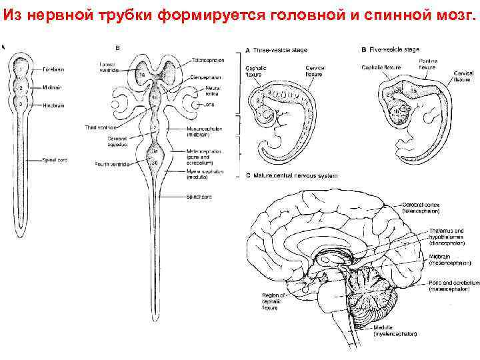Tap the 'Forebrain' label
pyautogui.click(x=55, y=69)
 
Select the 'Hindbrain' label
pyautogui.click(x=54, y=105)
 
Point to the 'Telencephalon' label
pyautogui.click(x=209, y=60)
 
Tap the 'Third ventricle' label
pyautogui.click(x=114, y=126)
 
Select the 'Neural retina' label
pyautogui.click(x=214, y=91)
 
